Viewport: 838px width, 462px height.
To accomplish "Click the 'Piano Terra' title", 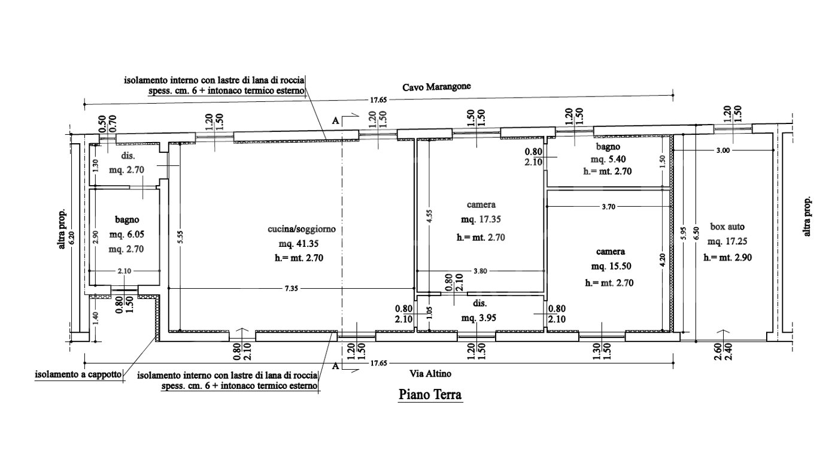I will [x=430, y=395].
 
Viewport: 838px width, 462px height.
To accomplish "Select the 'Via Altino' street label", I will [x=430, y=373].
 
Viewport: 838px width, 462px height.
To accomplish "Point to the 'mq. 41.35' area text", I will [x=302, y=244].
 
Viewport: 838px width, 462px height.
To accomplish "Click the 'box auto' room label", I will [x=727, y=227].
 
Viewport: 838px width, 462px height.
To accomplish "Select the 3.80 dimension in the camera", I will [x=480, y=271].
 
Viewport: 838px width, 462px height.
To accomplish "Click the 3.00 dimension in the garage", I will [x=722, y=151].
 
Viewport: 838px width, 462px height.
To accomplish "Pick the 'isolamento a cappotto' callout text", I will [x=78, y=376].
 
